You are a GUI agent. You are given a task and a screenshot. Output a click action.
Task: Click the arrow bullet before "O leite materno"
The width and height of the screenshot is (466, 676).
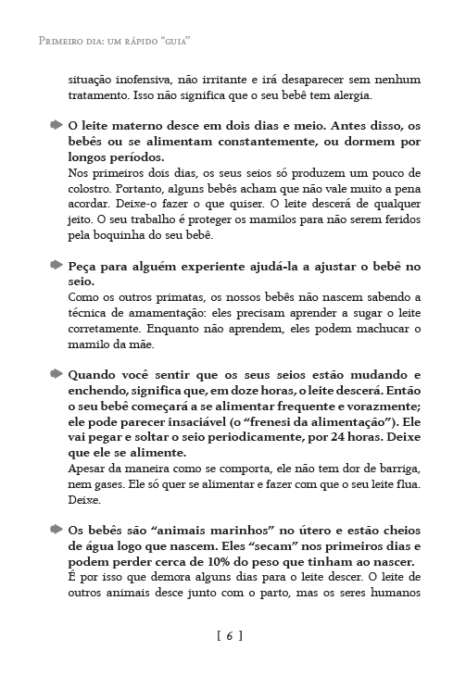(x=57, y=124)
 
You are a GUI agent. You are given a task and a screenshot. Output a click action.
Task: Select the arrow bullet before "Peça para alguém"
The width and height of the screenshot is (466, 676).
(x=57, y=265)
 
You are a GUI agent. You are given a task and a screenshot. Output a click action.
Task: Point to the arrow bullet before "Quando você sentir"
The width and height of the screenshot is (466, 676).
(x=57, y=374)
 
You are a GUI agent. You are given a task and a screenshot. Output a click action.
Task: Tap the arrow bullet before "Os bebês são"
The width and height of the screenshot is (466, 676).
(x=57, y=530)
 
